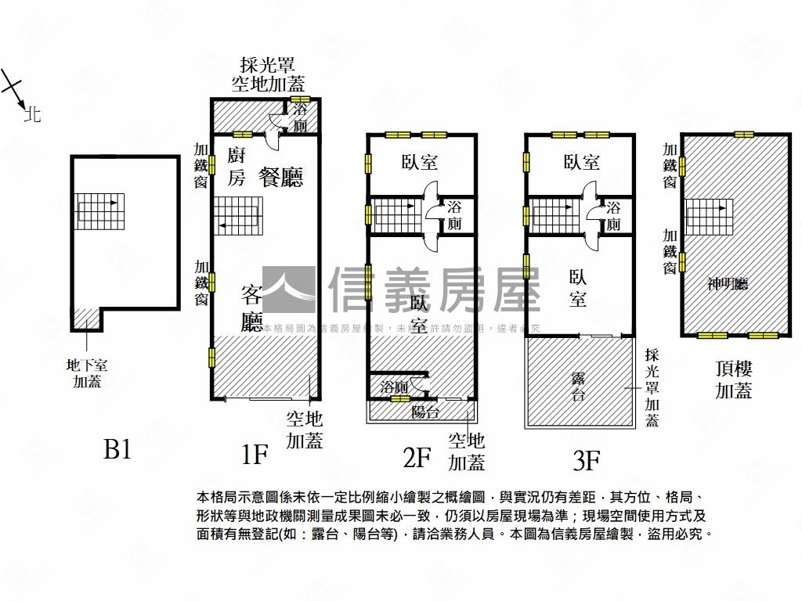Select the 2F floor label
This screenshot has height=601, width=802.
point(417,456)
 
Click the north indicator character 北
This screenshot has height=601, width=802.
point(32,115)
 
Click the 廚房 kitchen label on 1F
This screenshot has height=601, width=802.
point(237,166)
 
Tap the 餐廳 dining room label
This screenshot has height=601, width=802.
point(281,178)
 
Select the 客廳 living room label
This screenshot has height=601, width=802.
point(251,308)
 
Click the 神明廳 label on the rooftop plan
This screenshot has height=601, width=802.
point(728,284)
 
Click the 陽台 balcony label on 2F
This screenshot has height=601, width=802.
point(425,412)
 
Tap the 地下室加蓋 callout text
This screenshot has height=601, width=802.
point(87,372)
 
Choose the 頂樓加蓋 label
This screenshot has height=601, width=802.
point(734,379)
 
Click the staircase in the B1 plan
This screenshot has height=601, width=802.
point(99,211)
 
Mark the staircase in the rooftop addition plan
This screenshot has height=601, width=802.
point(710,215)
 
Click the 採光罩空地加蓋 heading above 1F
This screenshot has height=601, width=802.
point(268,74)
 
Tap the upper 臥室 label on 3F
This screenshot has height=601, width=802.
point(581,162)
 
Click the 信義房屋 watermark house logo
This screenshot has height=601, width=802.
point(289,290)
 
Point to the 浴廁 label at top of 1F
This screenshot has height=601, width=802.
point(300,118)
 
